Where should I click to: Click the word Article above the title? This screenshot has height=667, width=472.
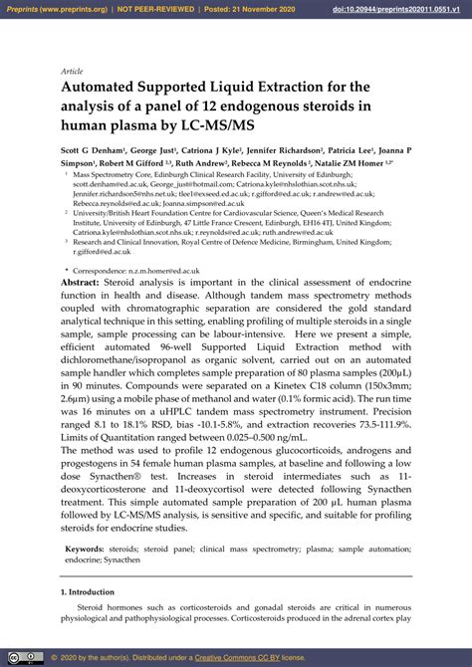coord(73,72)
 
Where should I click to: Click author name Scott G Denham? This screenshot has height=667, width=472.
coord(96,150)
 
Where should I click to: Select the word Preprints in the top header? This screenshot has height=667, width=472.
coord(27,9)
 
